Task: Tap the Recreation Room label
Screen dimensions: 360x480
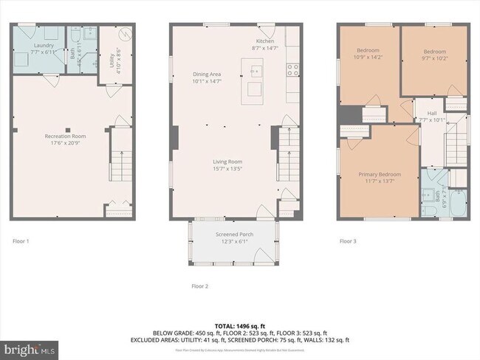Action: [x=65, y=136]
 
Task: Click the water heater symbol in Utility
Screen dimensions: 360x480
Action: [x=126, y=35]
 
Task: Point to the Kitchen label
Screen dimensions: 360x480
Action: [x=266, y=41]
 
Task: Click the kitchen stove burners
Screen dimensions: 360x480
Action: [x=292, y=71]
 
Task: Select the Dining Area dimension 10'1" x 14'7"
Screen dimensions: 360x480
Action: [x=207, y=81]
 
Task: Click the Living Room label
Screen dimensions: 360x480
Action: [x=227, y=162]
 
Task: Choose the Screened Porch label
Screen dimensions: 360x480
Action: [x=234, y=235]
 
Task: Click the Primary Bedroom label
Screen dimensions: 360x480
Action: [x=379, y=174]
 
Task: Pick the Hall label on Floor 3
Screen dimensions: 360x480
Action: [x=432, y=113]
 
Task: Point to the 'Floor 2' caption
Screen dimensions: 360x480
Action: [x=199, y=285]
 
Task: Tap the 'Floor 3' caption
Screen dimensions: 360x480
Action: [x=349, y=241]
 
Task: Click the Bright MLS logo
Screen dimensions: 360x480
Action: [x=30, y=347]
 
